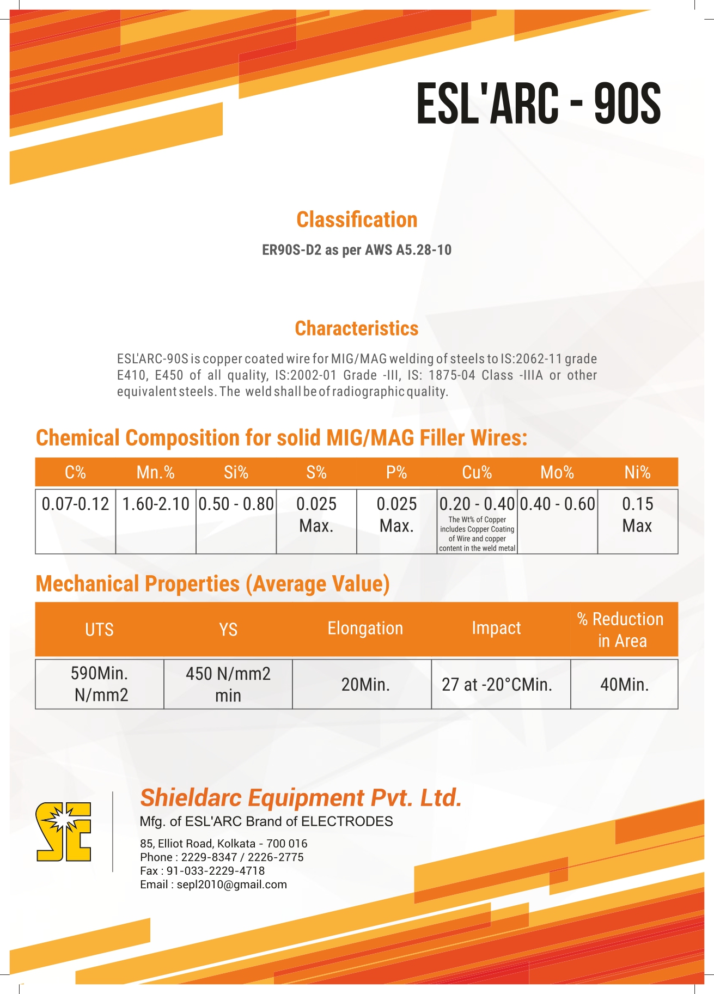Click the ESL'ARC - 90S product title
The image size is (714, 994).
click(538, 103)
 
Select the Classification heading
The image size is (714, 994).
click(357, 219)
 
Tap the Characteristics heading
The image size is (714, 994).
click(357, 328)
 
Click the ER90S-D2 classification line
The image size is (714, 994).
click(357, 250)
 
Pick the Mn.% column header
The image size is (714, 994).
click(156, 472)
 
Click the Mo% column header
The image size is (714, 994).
click(557, 472)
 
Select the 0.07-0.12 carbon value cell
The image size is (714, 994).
click(76, 504)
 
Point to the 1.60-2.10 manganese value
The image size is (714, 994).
click(156, 504)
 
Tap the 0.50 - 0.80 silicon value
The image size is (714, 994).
click(236, 504)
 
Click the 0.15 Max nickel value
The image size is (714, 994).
click(637, 515)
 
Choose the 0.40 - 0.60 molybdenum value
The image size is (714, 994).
click(557, 504)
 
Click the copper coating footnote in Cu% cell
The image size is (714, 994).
click(477, 534)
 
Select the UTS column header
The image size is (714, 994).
click(99, 630)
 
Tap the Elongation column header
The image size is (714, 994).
click(365, 629)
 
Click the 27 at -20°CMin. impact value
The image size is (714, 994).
click(497, 685)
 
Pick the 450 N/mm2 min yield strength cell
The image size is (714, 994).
click(228, 685)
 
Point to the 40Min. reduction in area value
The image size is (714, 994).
click(624, 685)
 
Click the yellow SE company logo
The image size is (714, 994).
click(64, 832)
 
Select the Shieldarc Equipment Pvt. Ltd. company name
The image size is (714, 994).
click(301, 798)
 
